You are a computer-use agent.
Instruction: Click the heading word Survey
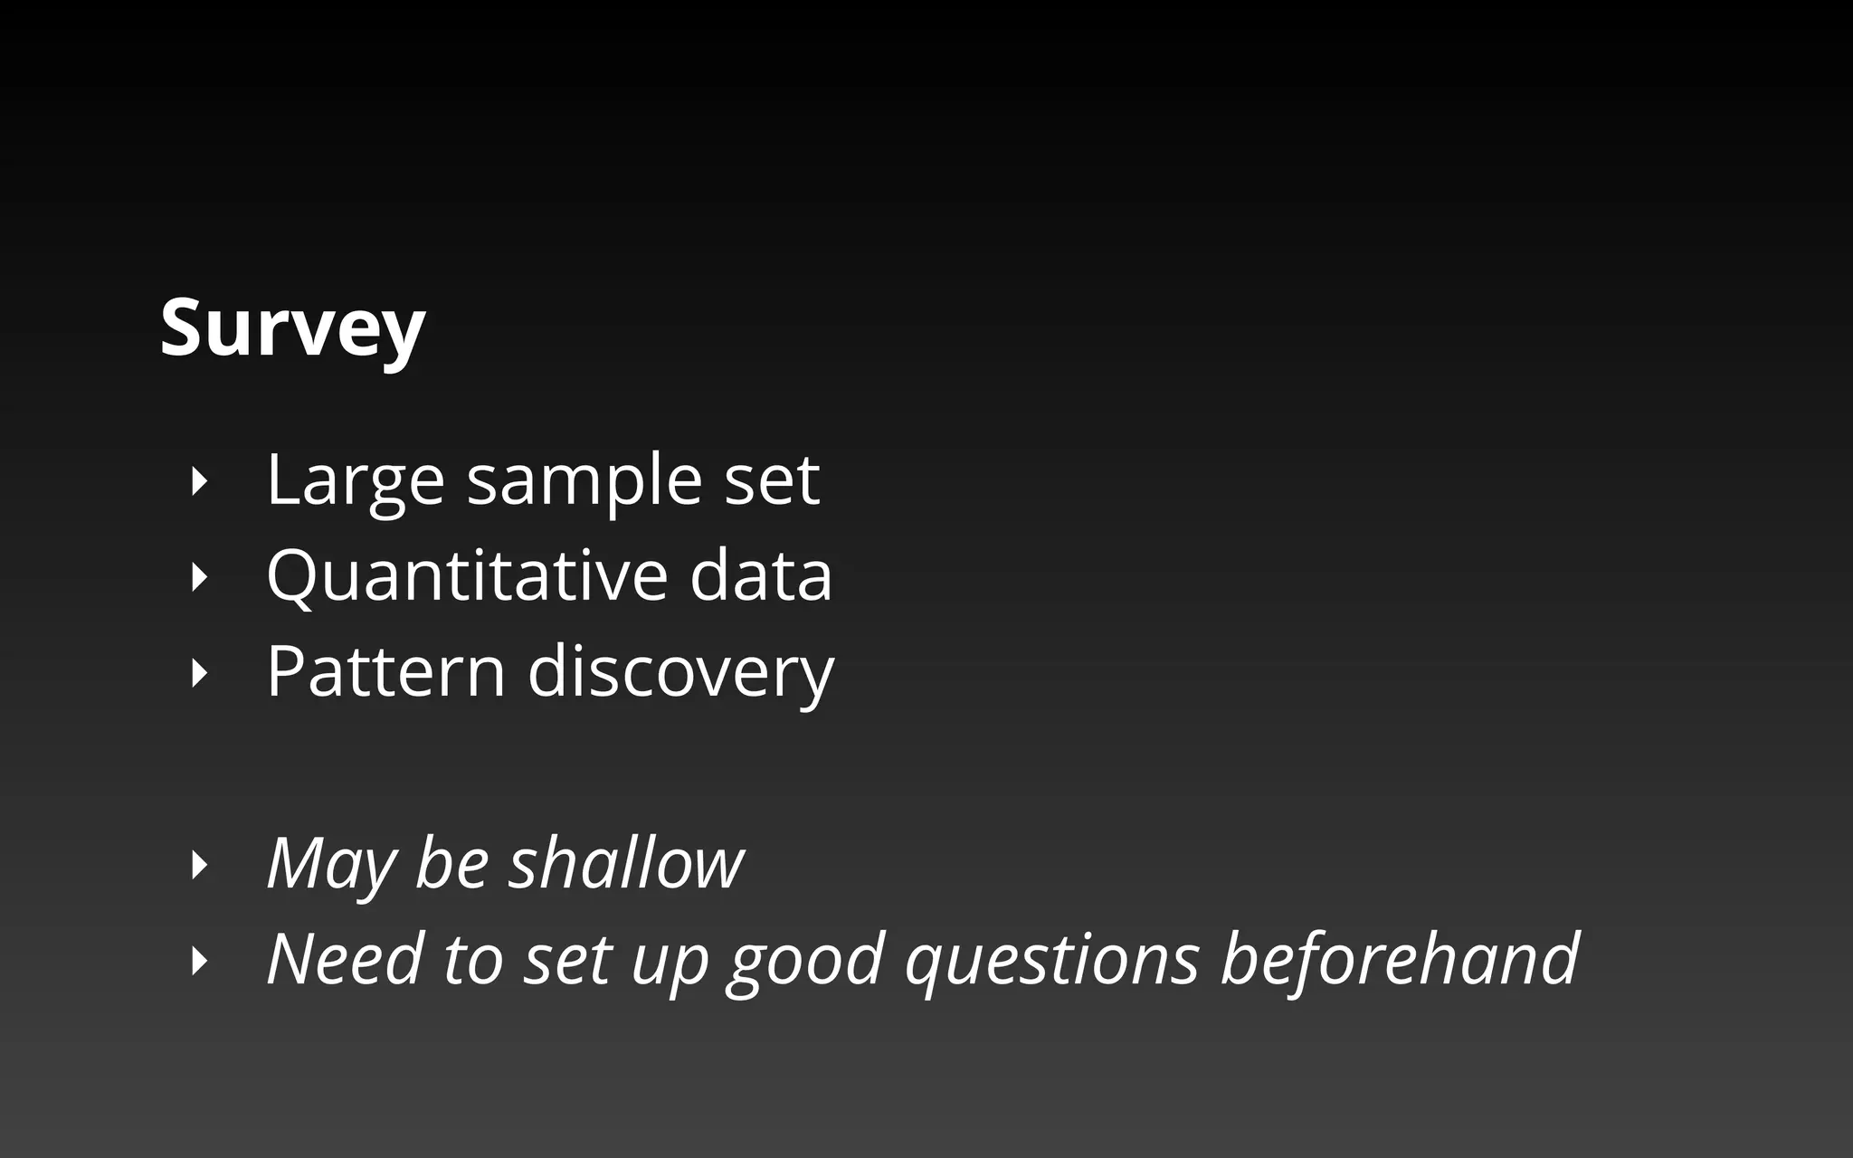click(x=292, y=328)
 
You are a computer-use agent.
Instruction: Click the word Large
click(x=355, y=480)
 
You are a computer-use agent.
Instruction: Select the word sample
click(x=584, y=480)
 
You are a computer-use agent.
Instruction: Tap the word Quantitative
click(x=466, y=575)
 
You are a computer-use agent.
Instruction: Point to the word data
click(x=760, y=575)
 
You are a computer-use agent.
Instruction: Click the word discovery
click(x=680, y=673)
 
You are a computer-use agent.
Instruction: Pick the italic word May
click(x=331, y=864)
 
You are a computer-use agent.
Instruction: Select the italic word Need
click(x=345, y=959)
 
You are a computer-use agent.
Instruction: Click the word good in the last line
click(x=805, y=961)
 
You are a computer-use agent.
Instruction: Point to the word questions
click(x=1052, y=961)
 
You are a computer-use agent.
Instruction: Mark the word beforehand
click(x=1400, y=959)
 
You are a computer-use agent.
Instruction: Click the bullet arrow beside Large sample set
click(x=200, y=481)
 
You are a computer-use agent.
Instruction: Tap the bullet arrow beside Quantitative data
click(x=200, y=577)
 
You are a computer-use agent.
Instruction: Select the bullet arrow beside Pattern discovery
click(x=200, y=673)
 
